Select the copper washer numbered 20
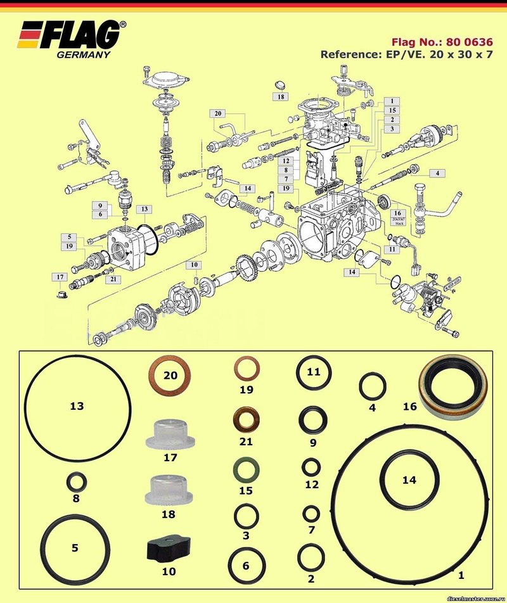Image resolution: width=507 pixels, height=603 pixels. [x=169, y=375]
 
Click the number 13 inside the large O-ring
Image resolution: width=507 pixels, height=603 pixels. [x=77, y=406]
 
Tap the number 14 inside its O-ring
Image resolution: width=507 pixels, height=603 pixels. [x=409, y=480]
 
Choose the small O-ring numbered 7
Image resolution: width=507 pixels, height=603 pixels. [x=311, y=513]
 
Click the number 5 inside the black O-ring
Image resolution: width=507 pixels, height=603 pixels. [x=75, y=548]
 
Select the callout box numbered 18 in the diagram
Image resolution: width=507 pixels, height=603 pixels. [x=281, y=97]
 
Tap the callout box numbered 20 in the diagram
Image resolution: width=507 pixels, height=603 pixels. [x=219, y=113]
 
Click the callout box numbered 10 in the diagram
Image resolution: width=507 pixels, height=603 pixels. [x=194, y=264]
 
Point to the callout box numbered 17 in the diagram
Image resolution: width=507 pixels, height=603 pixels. [x=60, y=277]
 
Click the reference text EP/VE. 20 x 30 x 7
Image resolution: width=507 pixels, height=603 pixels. [x=406, y=54]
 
